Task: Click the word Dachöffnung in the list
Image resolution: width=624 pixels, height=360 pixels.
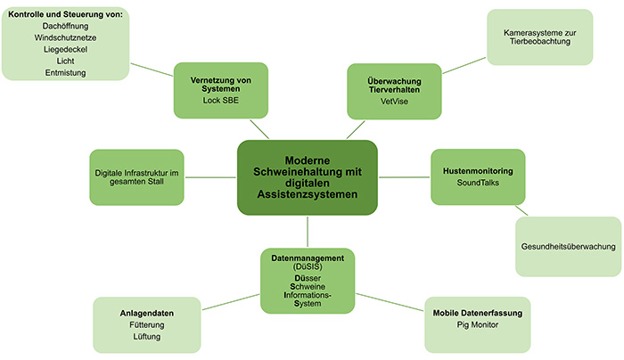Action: pos(64,27)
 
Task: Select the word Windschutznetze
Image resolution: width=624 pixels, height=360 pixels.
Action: pos(64,38)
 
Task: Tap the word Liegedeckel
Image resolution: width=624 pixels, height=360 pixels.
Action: pos(64,50)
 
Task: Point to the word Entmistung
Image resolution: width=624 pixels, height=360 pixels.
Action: pos(64,73)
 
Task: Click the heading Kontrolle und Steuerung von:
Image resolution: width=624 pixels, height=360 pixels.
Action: pos(65,15)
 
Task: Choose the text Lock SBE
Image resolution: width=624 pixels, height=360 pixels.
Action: pos(221,101)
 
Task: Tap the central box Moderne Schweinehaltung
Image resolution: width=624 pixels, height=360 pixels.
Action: pos(308,176)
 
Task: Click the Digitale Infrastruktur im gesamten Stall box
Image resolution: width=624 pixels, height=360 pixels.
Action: pos(136,176)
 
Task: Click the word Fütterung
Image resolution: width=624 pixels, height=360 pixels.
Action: pos(146,326)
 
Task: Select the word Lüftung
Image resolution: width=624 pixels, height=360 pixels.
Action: pos(146,338)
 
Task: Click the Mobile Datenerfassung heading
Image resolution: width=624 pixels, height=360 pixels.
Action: pos(477,314)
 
